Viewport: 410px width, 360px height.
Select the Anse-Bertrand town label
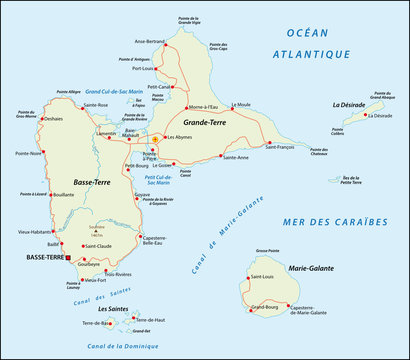152,41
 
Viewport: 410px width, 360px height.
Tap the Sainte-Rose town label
96,105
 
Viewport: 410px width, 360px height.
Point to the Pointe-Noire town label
30,153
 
